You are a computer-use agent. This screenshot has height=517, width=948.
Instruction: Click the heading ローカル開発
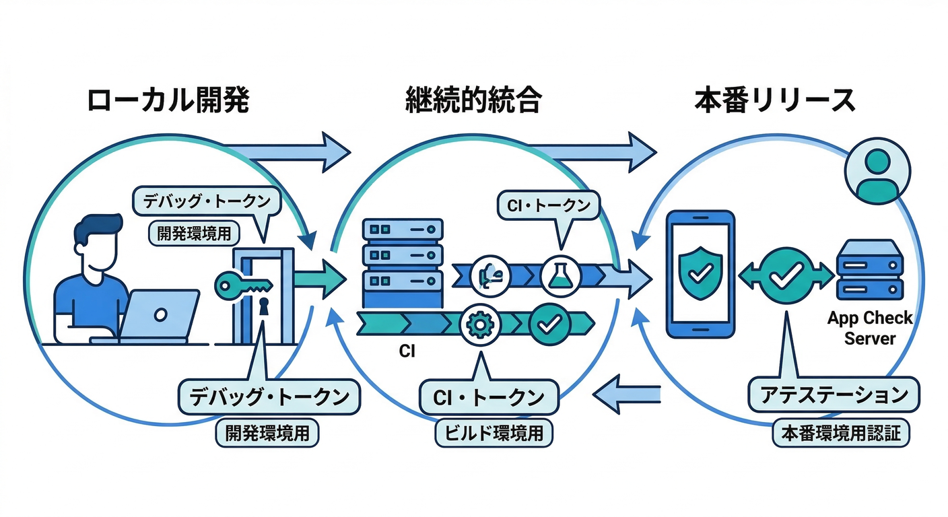(x=168, y=101)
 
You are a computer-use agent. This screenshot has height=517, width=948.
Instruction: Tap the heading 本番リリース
(x=775, y=101)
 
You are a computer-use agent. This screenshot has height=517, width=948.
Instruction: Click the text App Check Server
(x=869, y=328)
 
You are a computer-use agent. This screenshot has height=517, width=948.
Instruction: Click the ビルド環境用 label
(x=494, y=433)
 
